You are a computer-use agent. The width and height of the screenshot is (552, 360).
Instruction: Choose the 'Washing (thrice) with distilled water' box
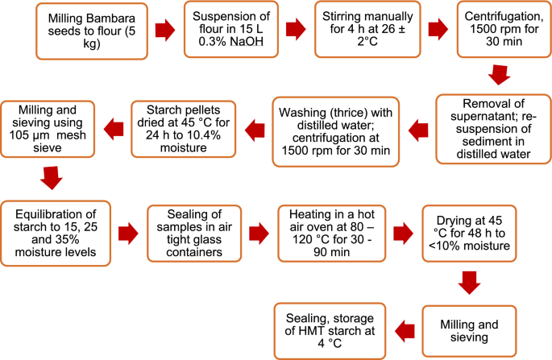[336, 130]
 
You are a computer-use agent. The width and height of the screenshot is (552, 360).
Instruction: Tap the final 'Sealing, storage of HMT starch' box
[332, 330]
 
